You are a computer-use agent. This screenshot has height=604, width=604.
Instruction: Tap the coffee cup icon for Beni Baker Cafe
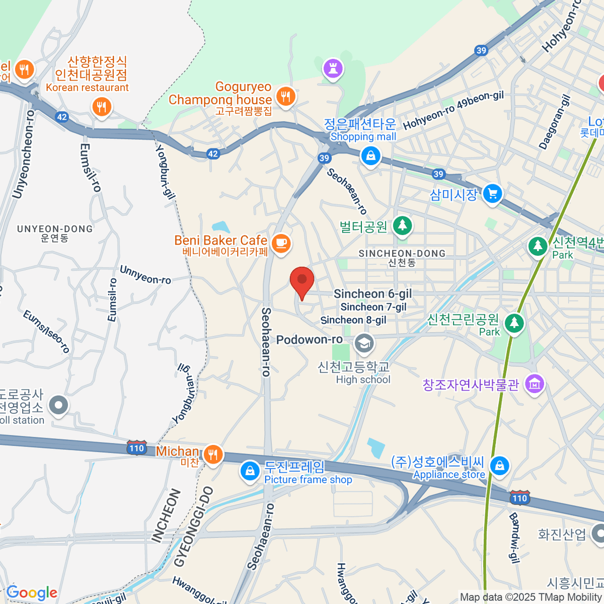coord(281,244)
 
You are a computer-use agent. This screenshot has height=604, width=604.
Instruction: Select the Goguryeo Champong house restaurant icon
coord(285,96)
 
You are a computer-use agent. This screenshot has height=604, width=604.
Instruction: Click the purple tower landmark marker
coord(332,68)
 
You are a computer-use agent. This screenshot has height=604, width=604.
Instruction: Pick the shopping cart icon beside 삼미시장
coord(492,194)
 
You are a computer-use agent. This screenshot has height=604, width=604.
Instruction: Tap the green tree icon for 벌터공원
coord(402,225)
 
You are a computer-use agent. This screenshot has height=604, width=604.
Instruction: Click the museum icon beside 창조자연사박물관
coord(535,384)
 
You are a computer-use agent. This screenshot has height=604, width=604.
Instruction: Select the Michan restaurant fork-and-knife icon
coord(213,455)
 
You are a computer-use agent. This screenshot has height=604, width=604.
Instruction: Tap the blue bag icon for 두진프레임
coord(250,471)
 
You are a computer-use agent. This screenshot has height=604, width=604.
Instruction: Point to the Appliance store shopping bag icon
coord(499,466)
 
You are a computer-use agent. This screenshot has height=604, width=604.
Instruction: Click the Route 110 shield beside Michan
coord(136,448)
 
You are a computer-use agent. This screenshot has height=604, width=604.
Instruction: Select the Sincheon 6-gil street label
coord(372,294)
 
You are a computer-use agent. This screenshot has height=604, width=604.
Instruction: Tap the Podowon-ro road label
coord(309,340)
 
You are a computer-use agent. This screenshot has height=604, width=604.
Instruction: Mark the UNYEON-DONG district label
coord(55,229)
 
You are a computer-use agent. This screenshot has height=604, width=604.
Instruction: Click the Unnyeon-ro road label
coord(145,275)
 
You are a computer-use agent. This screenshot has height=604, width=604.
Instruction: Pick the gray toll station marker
coord(59,405)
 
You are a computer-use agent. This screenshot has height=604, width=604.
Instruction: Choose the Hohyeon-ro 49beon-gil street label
coord(453,110)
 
